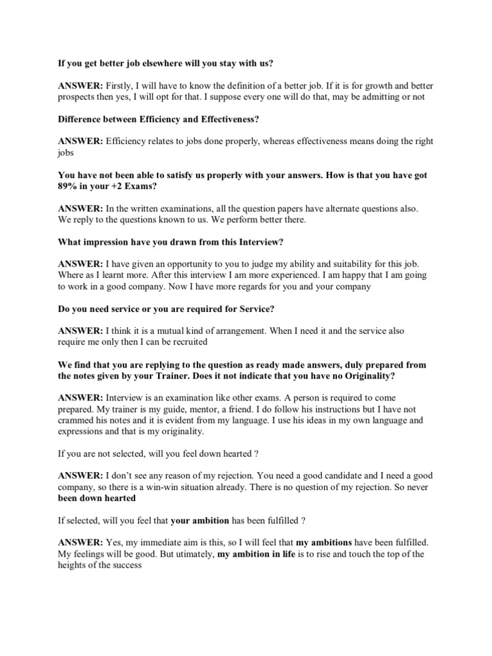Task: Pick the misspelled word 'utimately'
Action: coord(189,553)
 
